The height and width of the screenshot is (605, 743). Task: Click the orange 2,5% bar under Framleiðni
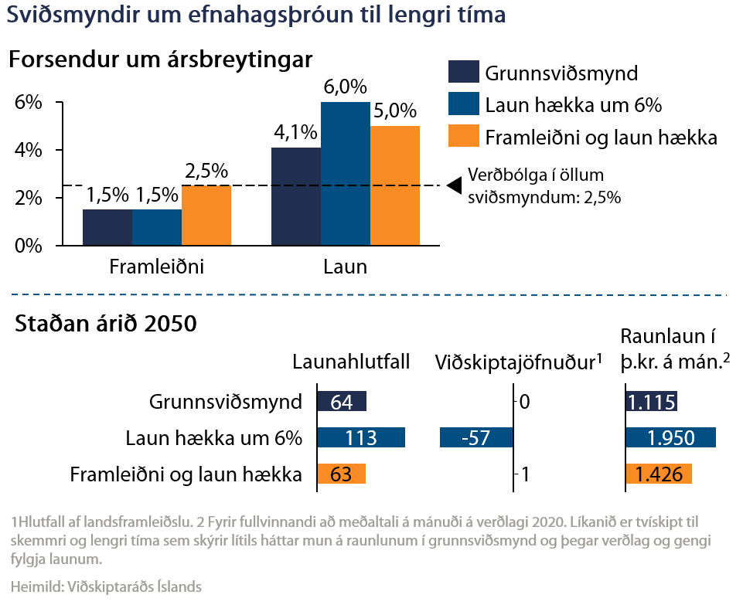(206, 216)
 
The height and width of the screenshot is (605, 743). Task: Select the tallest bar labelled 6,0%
(346, 174)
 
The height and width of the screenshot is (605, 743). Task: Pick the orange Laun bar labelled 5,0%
(395, 185)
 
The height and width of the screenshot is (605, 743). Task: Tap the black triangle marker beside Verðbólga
(455, 185)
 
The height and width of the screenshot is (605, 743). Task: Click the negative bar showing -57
(475, 437)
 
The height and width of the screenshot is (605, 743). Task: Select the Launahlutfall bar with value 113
(361, 437)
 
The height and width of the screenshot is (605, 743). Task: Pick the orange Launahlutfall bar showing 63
(341, 474)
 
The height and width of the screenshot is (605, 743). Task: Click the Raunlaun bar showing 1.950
(670, 437)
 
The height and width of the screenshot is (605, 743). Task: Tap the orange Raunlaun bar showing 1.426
(658, 474)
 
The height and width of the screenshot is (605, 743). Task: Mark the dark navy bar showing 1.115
(651, 402)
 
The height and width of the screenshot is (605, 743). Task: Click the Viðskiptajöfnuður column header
(518, 362)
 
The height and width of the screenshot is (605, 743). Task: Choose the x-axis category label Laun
(345, 267)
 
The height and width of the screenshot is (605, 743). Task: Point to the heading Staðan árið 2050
(106, 323)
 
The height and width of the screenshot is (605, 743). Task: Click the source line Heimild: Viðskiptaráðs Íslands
(106, 586)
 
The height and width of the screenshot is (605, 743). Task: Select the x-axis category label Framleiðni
(156, 267)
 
